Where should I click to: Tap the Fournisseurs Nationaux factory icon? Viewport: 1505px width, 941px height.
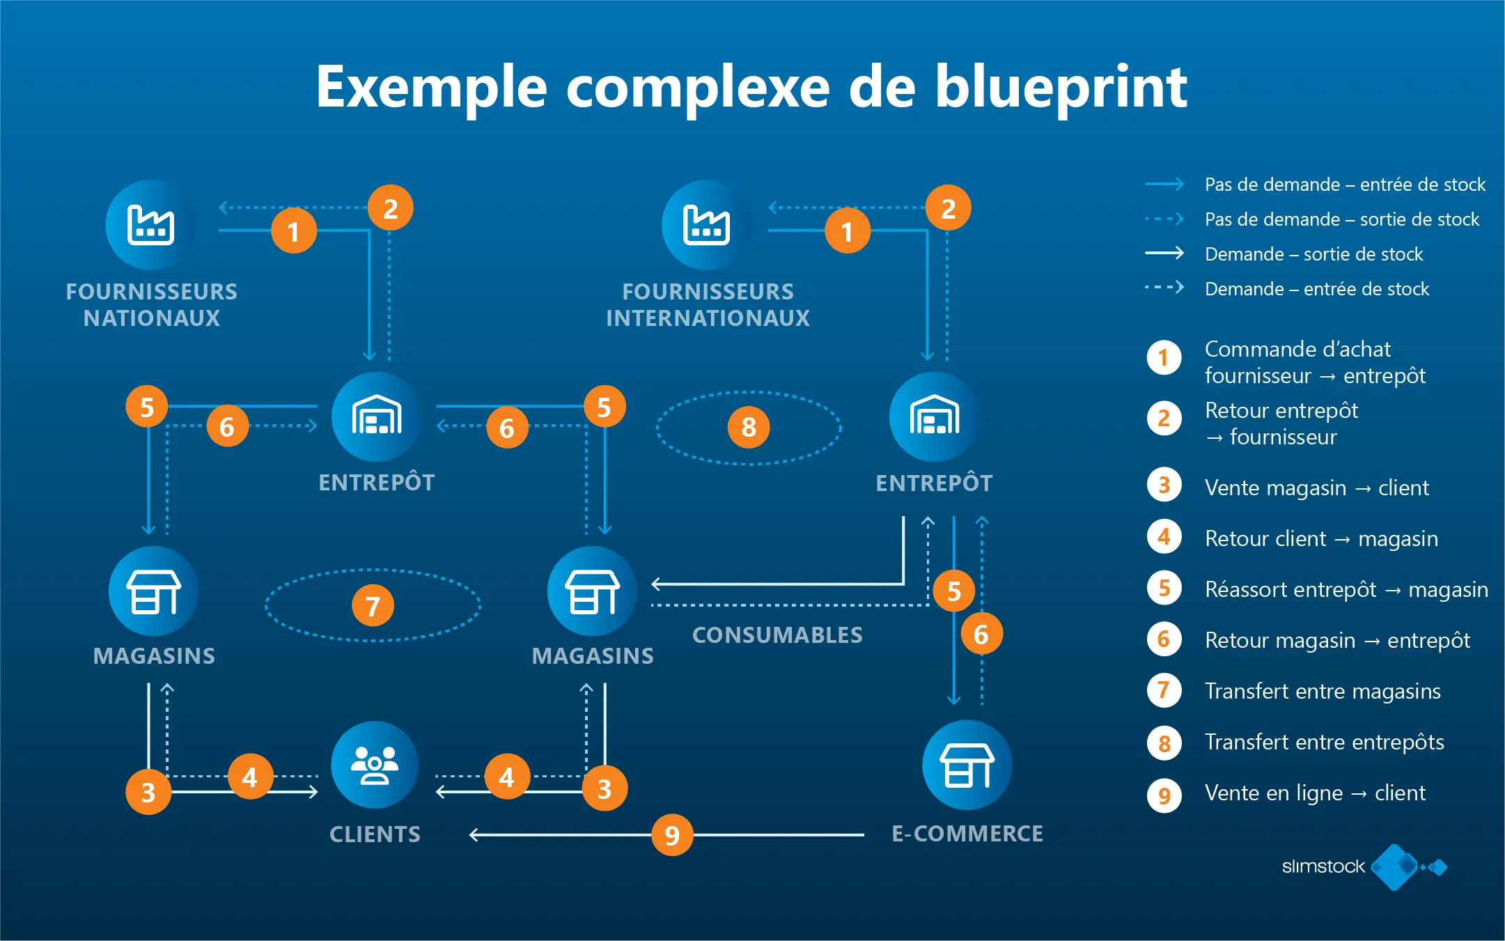click(x=150, y=225)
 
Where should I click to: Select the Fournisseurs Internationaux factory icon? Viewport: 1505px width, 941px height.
click(x=707, y=225)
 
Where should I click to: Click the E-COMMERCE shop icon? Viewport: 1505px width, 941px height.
click(x=967, y=765)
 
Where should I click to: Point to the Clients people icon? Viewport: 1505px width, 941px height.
click(x=375, y=765)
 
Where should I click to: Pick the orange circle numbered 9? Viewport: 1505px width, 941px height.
click(x=672, y=834)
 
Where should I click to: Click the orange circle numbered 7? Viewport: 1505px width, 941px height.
click(x=373, y=605)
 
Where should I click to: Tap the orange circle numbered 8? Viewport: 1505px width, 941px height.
click(x=749, y=427)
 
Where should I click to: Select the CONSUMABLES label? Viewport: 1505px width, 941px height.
click(x=777, y=635)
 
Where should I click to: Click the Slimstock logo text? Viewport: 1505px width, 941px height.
click(x=1323, y=866)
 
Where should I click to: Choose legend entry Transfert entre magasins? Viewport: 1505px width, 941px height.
click(x=1323, y=691)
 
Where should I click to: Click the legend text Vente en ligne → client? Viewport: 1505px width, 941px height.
click(x=1315, y=793)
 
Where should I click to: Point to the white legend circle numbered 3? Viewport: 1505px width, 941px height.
click(x=1164, y=485)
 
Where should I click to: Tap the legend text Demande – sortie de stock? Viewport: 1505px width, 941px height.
click(x=1313, y=254)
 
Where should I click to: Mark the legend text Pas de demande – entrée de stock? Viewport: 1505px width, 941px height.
click(x=1345, y=185)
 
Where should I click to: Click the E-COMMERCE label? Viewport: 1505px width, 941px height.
click(x=967, y=834)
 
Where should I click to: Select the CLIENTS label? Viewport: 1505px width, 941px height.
click(x=375, y=834)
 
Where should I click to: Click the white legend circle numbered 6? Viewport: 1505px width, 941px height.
click(x=1164, y=639)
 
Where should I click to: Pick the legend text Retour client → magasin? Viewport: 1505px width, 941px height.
click(x=1321, y=538)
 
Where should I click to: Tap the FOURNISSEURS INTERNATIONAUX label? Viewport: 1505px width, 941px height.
click(x=708, y=304)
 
